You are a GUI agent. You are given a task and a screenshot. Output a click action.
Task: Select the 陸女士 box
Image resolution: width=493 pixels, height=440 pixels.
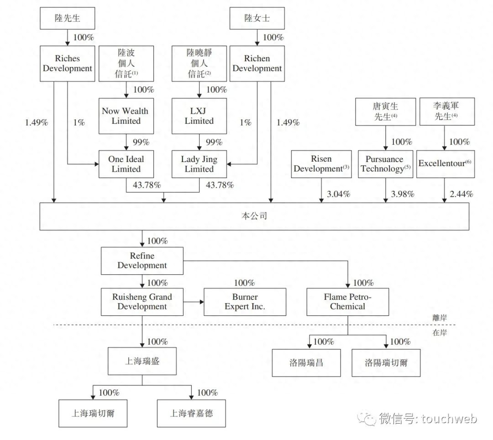point(257,19)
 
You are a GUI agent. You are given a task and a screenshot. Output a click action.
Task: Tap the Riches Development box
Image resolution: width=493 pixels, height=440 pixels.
point(67,63)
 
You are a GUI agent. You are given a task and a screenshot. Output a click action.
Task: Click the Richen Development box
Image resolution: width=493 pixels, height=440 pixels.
point(257,63)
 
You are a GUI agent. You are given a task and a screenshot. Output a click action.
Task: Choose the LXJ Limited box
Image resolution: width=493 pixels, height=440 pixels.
point(199,116)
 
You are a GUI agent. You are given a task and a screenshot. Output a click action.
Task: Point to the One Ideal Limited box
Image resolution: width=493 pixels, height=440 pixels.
point(126,164)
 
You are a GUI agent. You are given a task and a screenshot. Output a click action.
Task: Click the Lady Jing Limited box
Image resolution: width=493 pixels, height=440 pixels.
point(199,164)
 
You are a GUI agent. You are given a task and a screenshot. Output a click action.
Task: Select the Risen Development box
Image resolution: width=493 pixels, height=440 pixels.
point(321,164)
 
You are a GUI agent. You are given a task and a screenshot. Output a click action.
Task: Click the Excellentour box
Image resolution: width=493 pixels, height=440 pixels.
point(445,164)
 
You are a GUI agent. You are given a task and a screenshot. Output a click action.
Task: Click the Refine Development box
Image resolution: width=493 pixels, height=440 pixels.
point(142,261)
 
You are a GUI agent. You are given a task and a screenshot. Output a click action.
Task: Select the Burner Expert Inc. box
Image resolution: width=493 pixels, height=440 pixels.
point(245,302)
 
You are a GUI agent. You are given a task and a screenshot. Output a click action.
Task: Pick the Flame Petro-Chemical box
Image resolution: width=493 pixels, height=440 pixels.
point(347,302)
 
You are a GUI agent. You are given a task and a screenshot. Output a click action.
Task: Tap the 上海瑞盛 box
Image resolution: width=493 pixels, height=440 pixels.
point(142,361)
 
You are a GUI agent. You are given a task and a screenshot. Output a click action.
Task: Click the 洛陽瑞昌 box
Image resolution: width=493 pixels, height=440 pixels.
point(306,363)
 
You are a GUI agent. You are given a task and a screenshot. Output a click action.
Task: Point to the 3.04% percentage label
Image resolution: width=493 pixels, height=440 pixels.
point(338,194)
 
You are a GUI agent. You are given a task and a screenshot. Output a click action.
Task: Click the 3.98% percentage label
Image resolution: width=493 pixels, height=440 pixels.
point(403,194)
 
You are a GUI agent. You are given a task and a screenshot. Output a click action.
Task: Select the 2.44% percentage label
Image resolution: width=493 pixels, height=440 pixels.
point(461,194)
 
